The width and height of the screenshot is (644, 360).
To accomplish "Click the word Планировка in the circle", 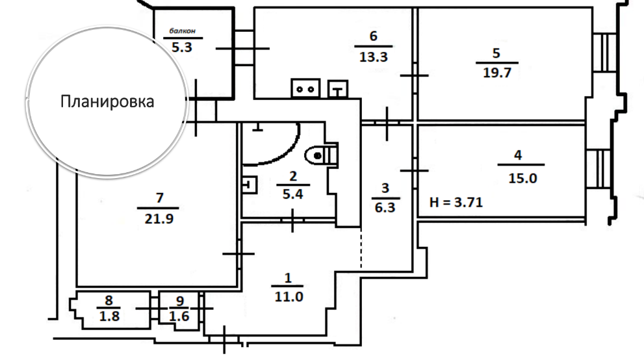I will (x=107, y=102).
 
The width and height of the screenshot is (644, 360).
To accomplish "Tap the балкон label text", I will (x=183, y=31).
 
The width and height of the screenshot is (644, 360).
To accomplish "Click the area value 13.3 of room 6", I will (x=373, y=57).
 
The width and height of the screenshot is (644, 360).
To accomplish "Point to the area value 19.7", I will (x=497, y=72).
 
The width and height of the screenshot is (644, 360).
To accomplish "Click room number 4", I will (x=517, y=155).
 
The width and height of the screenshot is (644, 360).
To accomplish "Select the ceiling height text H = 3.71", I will (x=456, y=202).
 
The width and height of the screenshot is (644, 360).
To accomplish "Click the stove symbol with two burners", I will (x=305, y=86).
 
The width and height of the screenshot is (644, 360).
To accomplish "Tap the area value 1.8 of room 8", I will (x=109, y=316).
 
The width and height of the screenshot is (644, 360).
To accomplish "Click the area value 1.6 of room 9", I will (x=179, y=316).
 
